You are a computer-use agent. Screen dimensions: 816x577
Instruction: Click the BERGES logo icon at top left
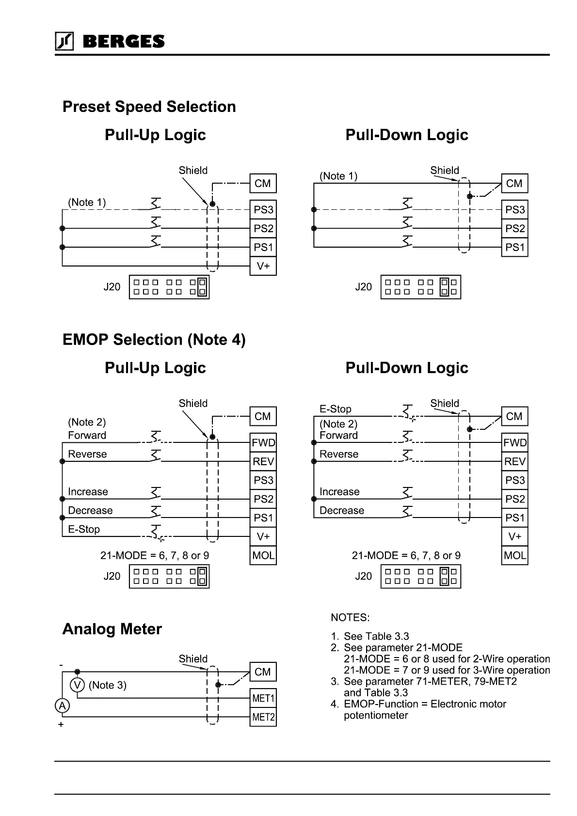tap(64, 41)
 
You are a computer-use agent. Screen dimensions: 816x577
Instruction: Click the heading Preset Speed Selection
tap(149, 107)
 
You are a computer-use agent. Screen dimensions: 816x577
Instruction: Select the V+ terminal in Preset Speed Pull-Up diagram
tap(263, 266)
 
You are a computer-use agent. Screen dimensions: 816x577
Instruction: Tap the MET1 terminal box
tap(263, 698)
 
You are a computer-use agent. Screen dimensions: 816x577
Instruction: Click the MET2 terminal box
tap(263, 717)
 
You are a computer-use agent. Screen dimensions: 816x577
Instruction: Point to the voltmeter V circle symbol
tap(77, 685)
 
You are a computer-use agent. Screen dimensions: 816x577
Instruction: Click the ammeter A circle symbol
tap(62, 706)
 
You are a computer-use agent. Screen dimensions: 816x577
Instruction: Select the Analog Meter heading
tap(112, 629)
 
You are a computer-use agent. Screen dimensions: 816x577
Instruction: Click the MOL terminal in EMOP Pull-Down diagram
tap(514, 555)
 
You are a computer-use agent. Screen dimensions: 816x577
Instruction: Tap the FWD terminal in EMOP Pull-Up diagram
tap(263, 442)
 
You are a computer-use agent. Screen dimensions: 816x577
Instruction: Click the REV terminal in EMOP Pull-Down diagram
tap(514, 461)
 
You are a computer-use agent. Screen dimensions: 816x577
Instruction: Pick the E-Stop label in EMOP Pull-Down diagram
tap(335, 409)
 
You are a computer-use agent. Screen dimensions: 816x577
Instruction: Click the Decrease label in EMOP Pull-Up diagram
tap(90, 510)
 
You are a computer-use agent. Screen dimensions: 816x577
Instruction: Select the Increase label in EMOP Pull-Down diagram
tap(339, 492)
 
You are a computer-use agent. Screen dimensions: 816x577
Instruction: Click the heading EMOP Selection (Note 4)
tap(154, 340)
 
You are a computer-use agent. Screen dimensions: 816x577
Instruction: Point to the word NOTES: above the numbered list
tap(350, 617)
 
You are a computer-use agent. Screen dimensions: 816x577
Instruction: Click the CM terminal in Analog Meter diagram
tap(263, 672)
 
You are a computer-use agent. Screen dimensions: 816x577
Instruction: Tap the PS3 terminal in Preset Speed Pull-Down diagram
tap(514, 210)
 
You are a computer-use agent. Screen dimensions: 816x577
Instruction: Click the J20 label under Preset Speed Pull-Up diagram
tap(112, 287)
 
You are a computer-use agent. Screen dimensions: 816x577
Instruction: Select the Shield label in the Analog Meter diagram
tap(193, 659)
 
